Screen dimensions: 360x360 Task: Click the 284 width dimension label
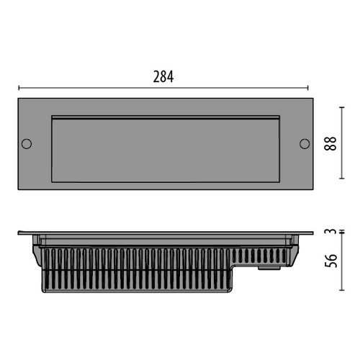pyautogui.click(x=163, y=77)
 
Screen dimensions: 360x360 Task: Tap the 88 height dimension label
pyautogui.click(x=330, y=143)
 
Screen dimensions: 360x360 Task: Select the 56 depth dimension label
pyautogui.click(x=330, y=261)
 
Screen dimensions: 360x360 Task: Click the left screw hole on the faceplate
pyautogui.click(x=27, y=144)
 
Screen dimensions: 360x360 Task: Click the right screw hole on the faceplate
pyautogui.click(x=305, y=144)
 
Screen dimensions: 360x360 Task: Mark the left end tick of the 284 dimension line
pyautogui.click(x=19, y=88)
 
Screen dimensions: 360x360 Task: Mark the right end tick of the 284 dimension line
pyautogui.click(x=307, y=88)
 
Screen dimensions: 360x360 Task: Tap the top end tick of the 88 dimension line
pyautogui.click(x=342, y=107)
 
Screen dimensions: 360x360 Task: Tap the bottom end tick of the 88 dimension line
pyautogui.click(x=342, y=179)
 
